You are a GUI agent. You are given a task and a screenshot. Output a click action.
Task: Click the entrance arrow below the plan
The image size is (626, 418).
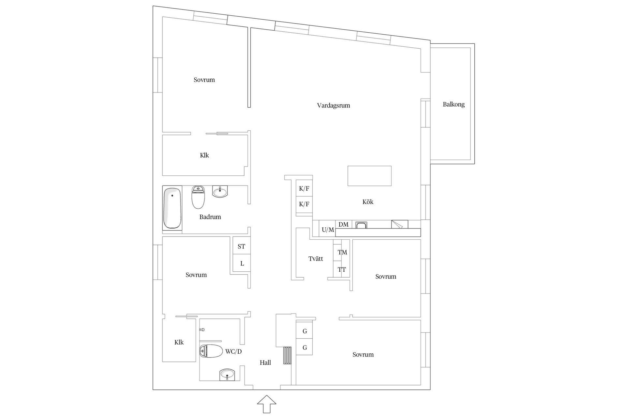(267, 404)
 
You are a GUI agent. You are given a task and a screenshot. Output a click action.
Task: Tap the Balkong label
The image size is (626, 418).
(454, 104)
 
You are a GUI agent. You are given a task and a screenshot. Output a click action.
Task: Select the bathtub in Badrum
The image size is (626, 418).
(172, 208)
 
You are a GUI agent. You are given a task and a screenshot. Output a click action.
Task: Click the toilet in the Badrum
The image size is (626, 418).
(198, 197)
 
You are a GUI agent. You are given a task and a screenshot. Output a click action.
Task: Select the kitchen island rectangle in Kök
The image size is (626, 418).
(369, 176)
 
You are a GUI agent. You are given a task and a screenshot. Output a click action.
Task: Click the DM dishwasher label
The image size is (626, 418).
(343, 224)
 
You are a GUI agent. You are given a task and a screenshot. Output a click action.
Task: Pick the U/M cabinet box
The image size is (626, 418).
(327, 230)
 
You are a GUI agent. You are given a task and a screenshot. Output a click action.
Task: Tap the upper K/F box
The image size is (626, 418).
(304, 188)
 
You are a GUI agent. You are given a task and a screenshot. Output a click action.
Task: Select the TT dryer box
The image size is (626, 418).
(341, 269)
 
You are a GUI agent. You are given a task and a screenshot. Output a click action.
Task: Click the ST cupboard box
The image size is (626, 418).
(241, 246)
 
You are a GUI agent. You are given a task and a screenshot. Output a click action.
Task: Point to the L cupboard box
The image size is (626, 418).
(242, 263)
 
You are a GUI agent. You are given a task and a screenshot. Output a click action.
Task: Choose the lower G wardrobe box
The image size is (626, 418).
(305, 347)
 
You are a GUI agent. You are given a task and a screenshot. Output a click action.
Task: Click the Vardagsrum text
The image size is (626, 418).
(333, 105)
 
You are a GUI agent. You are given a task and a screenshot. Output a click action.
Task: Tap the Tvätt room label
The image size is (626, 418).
(316, 259)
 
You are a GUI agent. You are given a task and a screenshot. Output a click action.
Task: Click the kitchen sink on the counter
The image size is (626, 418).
(362, 225)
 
